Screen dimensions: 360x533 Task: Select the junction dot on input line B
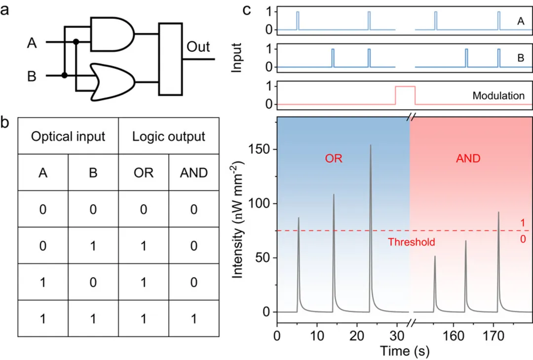64,76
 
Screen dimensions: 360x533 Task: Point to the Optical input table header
68,136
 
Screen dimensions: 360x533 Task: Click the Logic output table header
169,136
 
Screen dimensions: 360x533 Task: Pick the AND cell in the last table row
193,318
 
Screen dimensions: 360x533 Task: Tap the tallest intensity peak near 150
370,146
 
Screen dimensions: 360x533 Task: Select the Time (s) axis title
404,351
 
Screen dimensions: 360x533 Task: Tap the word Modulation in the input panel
498,96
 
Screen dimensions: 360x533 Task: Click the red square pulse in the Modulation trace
405,87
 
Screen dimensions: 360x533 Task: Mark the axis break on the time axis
410,323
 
